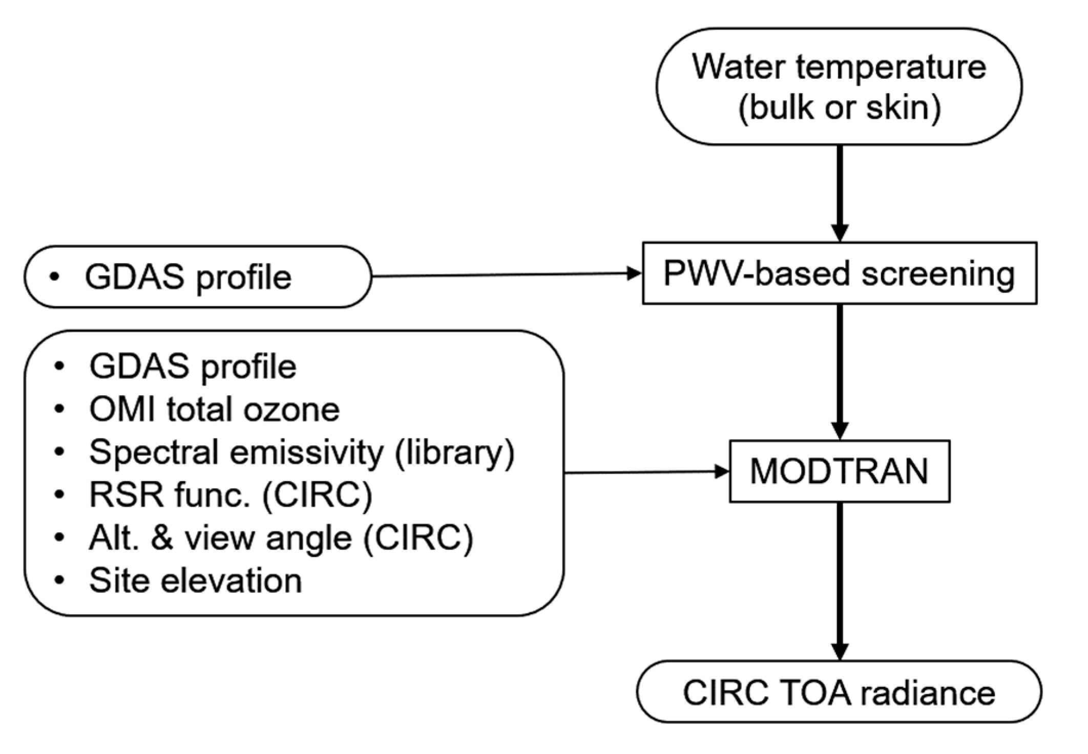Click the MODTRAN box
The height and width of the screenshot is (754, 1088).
point(839,471)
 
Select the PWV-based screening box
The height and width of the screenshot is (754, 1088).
point(839,273)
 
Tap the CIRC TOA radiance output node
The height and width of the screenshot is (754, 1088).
point(839,693)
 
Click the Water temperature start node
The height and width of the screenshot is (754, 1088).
point(839,87)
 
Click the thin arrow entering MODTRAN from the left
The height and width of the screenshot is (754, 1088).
point(645,472)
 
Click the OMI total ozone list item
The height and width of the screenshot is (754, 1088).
point(214,410)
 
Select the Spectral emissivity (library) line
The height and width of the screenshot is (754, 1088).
point(301,453)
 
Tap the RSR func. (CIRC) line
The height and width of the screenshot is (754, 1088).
point(231,495)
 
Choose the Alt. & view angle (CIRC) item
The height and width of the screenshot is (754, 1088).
point(281,538)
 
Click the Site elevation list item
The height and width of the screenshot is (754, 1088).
point(195,580)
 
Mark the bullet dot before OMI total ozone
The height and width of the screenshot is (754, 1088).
point(60,410)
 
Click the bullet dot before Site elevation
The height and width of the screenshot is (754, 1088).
point(60,580)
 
